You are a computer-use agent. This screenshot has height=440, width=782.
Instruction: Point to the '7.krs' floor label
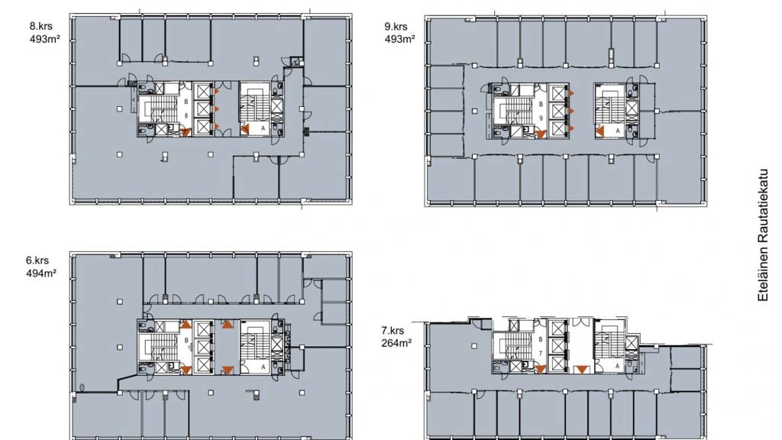tap(392, 331)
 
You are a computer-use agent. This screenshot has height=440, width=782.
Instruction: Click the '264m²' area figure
tap(396, 343)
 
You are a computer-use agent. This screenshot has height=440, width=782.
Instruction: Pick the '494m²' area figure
tap(40, 273)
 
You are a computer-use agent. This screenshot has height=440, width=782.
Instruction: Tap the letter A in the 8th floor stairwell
tap(263, 130)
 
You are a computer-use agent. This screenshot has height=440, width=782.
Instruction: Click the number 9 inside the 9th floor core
tap(541, 118)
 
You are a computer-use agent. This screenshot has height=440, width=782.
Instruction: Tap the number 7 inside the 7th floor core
tap(541, 354)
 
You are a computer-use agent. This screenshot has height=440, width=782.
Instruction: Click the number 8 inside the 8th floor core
tap(186, 116)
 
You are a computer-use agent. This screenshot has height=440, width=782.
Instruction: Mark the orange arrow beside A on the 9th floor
tap(600, 130)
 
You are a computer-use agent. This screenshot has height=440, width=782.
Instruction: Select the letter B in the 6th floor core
tap(186, 340)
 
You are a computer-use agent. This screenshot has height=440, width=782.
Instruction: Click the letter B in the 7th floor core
tap(541, 339)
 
